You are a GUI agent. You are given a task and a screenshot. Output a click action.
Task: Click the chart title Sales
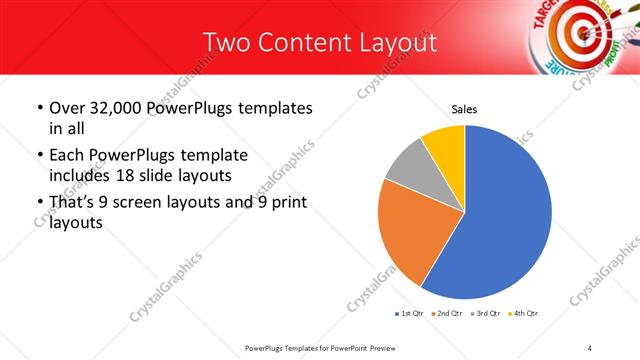pos(464,108)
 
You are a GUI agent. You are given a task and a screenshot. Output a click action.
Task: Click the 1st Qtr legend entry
pos(411,314)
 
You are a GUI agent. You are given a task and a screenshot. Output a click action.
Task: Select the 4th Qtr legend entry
pos(525,314)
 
